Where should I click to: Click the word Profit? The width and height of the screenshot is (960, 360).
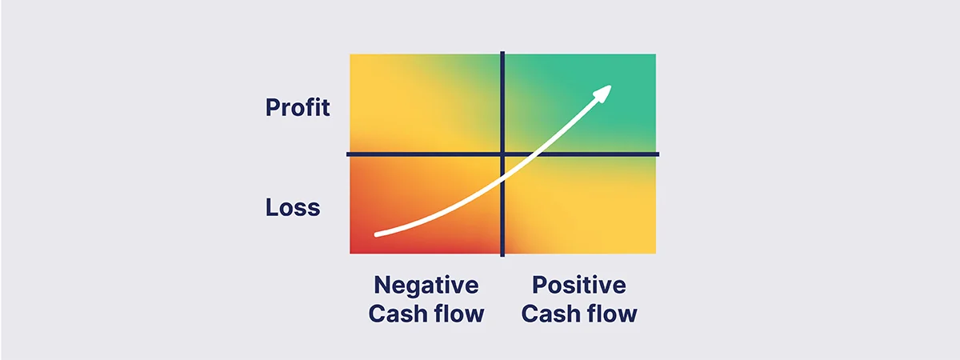pos(298,107)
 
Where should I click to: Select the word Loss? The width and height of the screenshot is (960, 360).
pos(293,208)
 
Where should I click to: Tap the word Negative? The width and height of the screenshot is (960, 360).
pos(426,285)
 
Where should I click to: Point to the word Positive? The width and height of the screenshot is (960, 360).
pos(578,285)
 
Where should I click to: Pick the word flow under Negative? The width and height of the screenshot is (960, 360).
pos(458,314)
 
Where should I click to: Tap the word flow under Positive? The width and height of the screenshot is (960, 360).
pos(611,314)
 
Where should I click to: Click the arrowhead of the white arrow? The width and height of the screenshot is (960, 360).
pos(603,92)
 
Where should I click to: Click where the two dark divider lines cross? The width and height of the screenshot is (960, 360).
pos(502,154)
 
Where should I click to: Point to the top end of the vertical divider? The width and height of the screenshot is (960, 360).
pos(502,53)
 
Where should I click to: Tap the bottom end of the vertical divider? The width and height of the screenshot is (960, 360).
pos(502,254)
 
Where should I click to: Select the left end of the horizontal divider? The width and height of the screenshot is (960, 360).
pos(349,154)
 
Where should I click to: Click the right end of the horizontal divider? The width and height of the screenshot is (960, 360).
pos(658,154)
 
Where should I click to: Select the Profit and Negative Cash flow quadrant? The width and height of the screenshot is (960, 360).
pos(424,102)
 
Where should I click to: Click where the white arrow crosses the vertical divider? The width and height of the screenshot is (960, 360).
pos(502,170)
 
